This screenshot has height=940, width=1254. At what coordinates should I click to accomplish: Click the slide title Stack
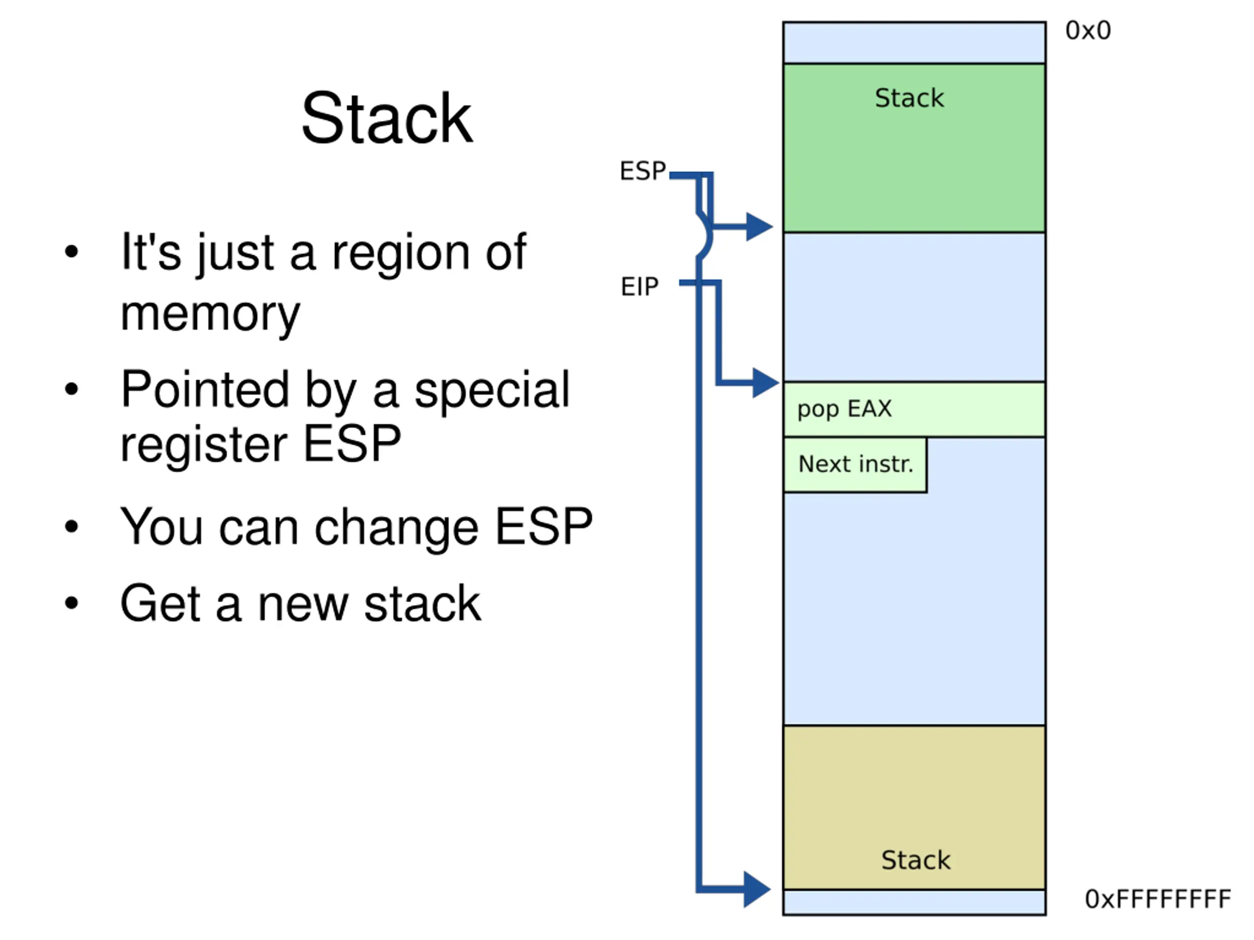tap(386, 119)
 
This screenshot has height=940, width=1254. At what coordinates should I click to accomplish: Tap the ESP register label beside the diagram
tap(643, 170)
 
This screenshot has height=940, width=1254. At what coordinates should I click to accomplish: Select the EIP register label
tap(639, 286)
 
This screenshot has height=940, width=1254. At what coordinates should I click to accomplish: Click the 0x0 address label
tap(1088, 31)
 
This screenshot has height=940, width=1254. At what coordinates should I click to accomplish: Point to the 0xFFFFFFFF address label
tap(1158, 899)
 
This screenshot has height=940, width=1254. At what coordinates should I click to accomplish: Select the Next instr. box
tap(855, 464)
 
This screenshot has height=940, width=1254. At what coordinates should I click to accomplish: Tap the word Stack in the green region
tap(909, 98)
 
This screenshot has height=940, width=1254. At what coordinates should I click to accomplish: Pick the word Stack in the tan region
tap(916, 860)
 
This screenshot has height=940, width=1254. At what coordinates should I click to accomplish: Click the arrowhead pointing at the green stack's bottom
tap(760, 227)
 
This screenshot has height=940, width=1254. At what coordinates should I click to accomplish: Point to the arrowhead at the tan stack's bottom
tap(757, 890)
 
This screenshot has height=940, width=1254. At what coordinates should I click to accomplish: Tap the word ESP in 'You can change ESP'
tap(544, 527)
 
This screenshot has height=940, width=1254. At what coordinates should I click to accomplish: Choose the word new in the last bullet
tap(303, 604)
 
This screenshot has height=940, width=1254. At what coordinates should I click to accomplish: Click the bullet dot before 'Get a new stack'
tap(72, 603)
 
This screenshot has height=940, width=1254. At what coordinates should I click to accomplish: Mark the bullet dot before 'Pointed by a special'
tap(72, 389)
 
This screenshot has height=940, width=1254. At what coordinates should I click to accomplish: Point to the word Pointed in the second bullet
tap(205, 389)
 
